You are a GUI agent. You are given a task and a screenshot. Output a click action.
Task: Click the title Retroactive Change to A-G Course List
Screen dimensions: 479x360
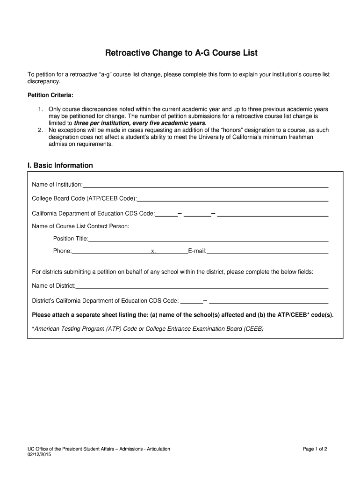(181, 53)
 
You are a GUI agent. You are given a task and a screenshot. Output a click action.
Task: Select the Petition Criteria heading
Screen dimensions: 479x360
(50, 95)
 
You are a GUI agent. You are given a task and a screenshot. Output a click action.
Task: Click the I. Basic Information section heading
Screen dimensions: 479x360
(60, 166)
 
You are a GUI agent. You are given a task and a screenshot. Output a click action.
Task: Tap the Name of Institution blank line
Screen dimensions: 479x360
(205, 185)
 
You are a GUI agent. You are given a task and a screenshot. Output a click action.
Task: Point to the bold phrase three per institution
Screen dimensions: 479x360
(104, 123)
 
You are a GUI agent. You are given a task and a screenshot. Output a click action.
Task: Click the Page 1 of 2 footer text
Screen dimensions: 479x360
(315, 449)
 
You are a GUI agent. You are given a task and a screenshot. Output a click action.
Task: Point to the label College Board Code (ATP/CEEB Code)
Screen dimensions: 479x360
(84, 199)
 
